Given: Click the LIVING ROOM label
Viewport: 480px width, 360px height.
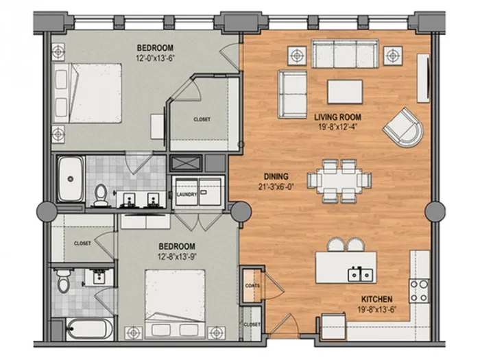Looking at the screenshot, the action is [337, 117].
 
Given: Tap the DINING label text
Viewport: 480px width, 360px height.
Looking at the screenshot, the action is [276, 176].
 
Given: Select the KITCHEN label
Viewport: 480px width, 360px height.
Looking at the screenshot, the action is [377, 299].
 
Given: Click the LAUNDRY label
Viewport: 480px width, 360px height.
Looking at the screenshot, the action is [187, 195].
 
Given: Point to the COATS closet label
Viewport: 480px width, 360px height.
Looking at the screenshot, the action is [252, 286].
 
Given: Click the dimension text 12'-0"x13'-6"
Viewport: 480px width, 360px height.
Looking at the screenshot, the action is [156, 58].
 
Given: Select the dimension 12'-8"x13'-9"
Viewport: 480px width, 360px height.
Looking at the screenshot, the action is [177, 256].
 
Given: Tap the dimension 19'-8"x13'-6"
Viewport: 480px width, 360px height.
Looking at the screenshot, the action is [377, 309].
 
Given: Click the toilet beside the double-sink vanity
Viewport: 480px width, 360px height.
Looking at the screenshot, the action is [100, 195].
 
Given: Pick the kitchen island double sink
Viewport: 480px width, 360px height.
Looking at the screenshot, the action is [360, 274].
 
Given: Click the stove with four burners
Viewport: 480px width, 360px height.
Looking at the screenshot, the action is [419, 291].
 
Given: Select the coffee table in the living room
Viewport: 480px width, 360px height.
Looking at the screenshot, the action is [345, 92].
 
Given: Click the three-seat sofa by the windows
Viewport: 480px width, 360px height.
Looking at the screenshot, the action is [345, 53].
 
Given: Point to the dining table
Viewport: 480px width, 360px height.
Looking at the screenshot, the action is [339, 180].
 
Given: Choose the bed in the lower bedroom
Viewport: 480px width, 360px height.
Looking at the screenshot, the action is [175, 304].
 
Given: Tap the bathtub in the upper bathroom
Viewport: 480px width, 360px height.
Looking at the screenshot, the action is [71, 179].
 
